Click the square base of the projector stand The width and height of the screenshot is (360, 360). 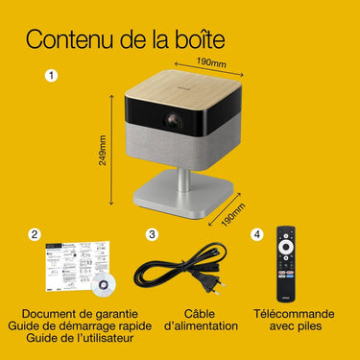pyautogui.click(x=187, y=195)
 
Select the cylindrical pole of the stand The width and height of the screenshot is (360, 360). pyautogui.click(x=183, y=180)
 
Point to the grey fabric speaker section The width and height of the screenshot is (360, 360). pyautogui.click(x=183, y=151)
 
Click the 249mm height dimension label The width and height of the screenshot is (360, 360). pyautogui.click(x=103, y=150)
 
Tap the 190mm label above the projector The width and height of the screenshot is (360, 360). pyautogui.click(x=211, y=62)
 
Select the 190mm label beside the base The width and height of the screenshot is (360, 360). pyautogui.click(x=233, y=215)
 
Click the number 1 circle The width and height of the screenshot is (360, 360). pyautogui.click(x=51, y=76)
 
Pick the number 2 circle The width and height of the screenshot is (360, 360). pyautogui.click(x=35, y=234)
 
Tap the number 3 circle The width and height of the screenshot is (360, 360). pyautogui.click(x=152, y=234)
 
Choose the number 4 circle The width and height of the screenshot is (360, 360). pyautogui.click(x=257, y=234)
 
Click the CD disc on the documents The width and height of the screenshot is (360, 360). pyautogui.click(x=103, y=285)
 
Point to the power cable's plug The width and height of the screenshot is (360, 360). pyautogui.click(x=211, y=285)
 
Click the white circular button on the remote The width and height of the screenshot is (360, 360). pyautogui.click(x=285, y=247)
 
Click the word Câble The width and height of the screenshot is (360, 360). pyautogui.click(x=200, y=314)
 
